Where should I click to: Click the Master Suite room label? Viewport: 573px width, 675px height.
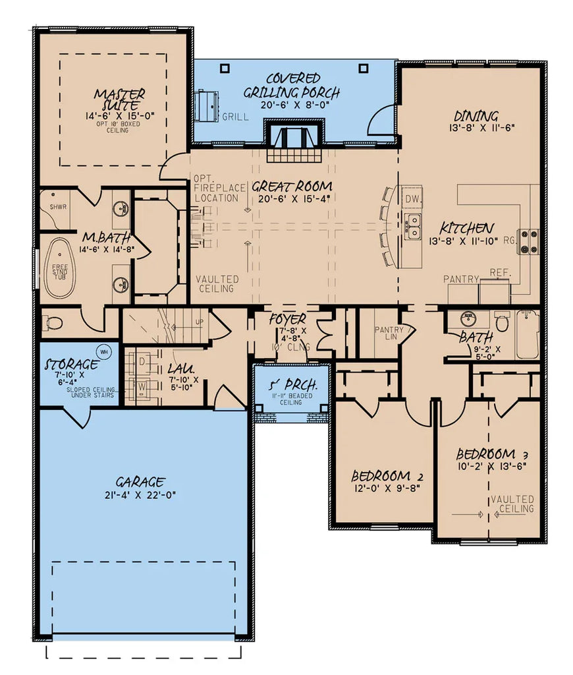[x=119, y=100]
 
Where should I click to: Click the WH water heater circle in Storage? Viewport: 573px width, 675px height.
[x=103, y=350]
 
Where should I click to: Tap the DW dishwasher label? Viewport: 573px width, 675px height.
[x=413, y=198]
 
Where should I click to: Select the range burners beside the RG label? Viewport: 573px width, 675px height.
[x=529, y=241]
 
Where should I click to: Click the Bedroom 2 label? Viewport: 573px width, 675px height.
[x=386, y=476]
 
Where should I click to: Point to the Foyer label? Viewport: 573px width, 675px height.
[x=288, y=319]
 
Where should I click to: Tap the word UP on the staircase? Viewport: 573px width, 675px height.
[x=200, y=322]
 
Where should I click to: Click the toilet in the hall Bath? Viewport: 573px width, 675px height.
[x=502, y=324]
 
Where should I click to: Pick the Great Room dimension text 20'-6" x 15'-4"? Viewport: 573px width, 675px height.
[x=292, y=198]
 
